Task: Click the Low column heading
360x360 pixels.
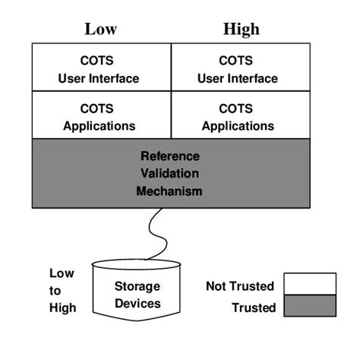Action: pos(100,30)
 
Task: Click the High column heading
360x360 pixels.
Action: pos(242,30)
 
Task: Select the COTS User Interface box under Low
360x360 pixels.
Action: pos(101,68)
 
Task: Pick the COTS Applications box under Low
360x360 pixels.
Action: pos(101,116)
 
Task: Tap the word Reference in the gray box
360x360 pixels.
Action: pos(169,156)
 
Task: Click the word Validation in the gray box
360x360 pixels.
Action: pos(169,174)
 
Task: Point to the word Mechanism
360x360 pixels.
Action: pos(169,191)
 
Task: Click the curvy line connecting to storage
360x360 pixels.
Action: pos(156,232)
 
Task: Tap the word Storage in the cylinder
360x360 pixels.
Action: pos(137,286)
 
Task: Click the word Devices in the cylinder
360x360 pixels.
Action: pos(137,303)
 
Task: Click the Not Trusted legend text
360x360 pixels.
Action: pos(241,286)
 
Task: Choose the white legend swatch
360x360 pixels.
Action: pos(309,284)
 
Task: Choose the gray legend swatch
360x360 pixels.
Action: pos(309,307)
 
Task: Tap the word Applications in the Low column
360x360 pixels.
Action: pos(101,125)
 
